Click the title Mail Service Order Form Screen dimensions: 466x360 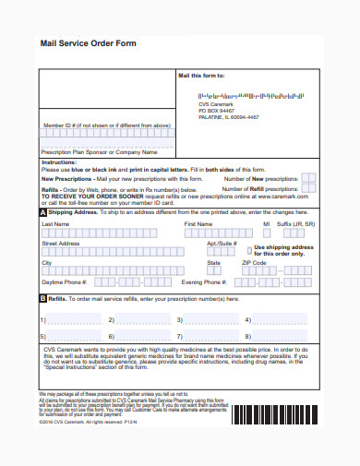coord(88,43)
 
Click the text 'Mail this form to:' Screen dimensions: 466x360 coord(200,75)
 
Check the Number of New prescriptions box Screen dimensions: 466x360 coord(308,178)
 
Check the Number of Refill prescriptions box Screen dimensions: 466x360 coord(308,187)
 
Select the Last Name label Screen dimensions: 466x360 coord(54,223)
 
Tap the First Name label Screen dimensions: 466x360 coord(198,223)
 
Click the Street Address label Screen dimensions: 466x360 coord(60,243)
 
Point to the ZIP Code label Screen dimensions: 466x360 coord(254,263)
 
